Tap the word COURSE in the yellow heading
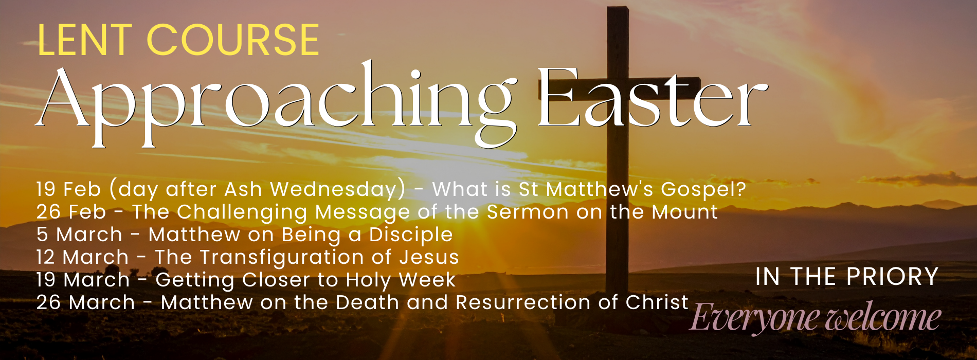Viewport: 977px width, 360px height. [x=233, y=40]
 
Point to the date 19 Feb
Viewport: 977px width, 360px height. [x=68, y=189]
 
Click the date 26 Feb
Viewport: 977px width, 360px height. [x=71, y=212]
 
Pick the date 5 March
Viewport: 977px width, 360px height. [x=79, y=235]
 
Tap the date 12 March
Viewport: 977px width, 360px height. [x=82, y=257]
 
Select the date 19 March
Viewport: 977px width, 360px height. [x=83, y=280]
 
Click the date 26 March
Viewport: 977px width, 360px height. [x=85, y=302]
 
